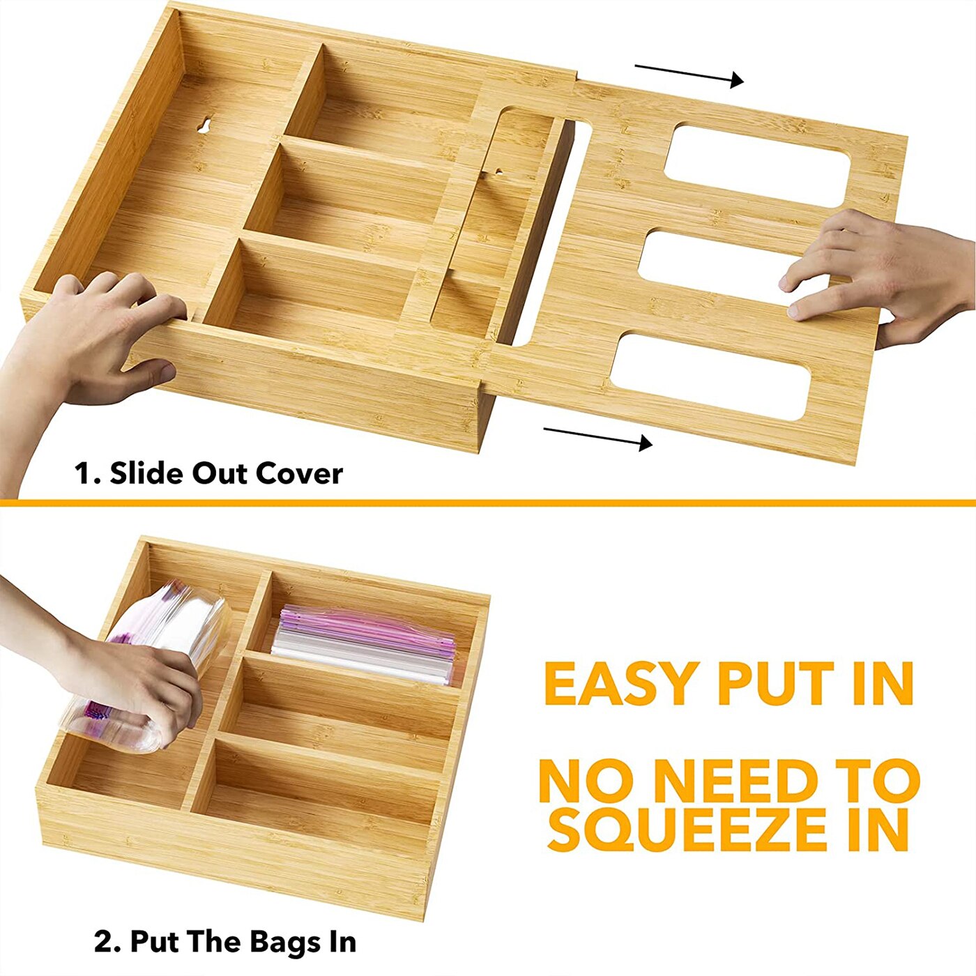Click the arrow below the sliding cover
(x=597, y=437)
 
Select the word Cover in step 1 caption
(x=299, y=473)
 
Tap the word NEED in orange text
(x=735, y=781)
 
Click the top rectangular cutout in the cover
(x=757, y=165)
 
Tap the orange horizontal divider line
(x=488, y=502)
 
